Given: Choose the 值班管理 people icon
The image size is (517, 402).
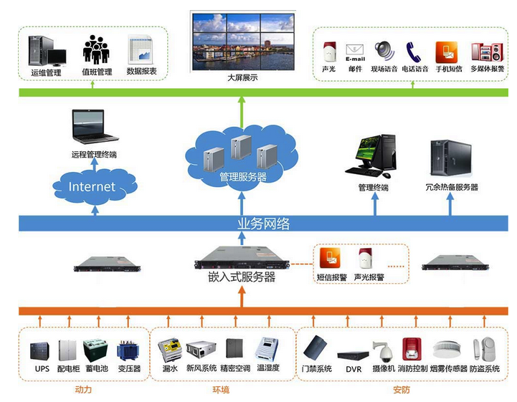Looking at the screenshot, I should [x=98, y=50].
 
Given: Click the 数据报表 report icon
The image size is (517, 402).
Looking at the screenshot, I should [x=141, y=49].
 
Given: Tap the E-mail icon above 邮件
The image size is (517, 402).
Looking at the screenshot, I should [x=356, y=52].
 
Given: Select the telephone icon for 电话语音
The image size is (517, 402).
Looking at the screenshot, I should [x=414, y=52].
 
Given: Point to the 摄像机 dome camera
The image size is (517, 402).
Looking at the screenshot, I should [x=384, y=350].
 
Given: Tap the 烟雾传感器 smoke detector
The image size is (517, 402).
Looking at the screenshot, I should [x=450, y=348].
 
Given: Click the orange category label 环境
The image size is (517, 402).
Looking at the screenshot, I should [x=221, y=390].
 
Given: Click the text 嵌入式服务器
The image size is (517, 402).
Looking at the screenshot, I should [x=242, y=277].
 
